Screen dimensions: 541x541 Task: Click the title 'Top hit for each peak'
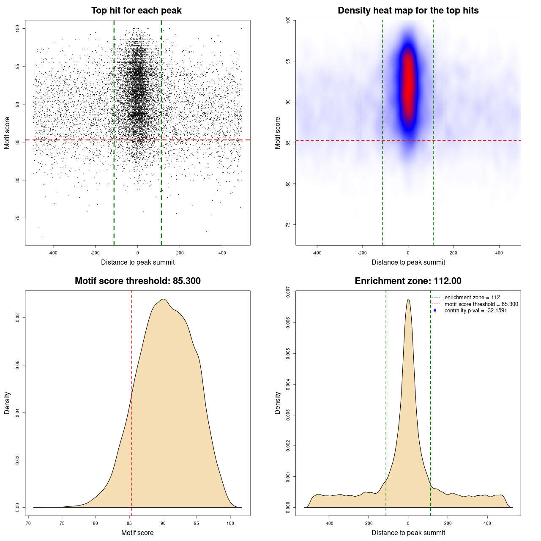click(x=136, y=11)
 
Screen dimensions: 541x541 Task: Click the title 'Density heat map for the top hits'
click(x=408, y=11)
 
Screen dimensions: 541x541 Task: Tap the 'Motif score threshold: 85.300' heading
click(x=137, y=281)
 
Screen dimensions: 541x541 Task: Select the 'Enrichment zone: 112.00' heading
click(x=408, y=281)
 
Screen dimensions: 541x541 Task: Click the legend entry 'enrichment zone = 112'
click(x=472, y=298)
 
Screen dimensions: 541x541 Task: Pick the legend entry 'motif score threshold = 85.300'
click(x=481, y=304)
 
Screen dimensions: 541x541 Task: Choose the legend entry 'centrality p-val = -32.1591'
click(x=475, y=311)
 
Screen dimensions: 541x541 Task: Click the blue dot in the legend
click(x=435, y=311)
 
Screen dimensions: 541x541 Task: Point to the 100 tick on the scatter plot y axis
click(x=17, y=28)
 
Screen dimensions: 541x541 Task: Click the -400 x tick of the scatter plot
click(x=53, y=253)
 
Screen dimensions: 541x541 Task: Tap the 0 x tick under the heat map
click(x=408, y=253)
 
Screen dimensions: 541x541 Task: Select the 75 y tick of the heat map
click(x=288, y=224)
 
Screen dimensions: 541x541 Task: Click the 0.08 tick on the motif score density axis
click(x=17, y=318)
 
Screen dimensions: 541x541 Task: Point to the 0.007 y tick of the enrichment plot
click(x=288, y=292)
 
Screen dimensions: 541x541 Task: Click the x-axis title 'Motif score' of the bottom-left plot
click(x=137, y=533)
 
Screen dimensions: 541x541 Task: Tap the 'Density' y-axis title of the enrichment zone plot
click(x=278, y=403)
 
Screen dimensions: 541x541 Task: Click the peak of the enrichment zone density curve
click(x=408, y=300)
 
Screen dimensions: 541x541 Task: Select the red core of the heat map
click(x=408, y=85)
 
